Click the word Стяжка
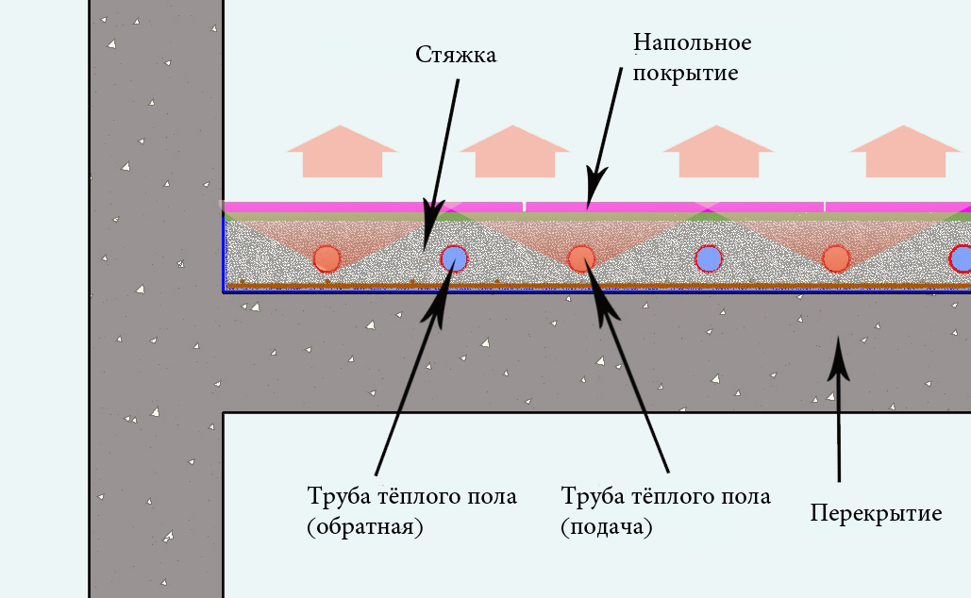point(456,55)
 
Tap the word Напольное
point(693,42)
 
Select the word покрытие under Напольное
point(685,73)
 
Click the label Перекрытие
point(876,512)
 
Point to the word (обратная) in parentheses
point(365,527)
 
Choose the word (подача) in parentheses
point(606,527)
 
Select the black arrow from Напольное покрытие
point(604,139)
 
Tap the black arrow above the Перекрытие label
point(839,408)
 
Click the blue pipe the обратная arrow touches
point(454,258)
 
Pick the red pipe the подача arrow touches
point(581,258)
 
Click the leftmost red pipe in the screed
point(326,258)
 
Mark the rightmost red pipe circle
point(836,258)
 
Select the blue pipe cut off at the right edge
point(961,258)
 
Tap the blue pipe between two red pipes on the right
point(709,258)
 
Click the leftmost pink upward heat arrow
point(342,152)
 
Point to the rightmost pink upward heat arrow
point(905,152)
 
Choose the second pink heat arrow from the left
point(514,152)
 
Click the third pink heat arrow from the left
point(718,152)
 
